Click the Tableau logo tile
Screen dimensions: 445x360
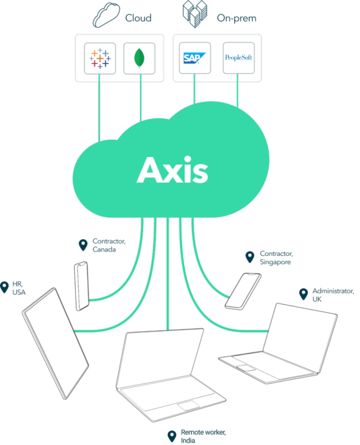tap(100, 58)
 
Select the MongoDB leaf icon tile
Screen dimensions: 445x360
tap(139, 58)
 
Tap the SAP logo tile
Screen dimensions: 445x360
tap(195, 58)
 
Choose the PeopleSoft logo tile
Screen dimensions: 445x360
tap(239, 58)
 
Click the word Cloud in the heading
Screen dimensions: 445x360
tap(138, 18)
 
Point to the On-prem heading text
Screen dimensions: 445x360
tap(236, 19)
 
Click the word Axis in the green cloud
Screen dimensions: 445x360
tap(173, 170)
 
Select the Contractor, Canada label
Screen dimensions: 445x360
tap(109, 245)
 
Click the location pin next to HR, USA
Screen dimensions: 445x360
tap(5, 288)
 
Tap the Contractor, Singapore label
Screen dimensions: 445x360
tap(276, 257)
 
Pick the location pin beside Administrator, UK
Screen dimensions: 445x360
tap(303, 294)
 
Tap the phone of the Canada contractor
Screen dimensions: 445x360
tap(82, 286)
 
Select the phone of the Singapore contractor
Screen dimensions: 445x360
tap(243, 290)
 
